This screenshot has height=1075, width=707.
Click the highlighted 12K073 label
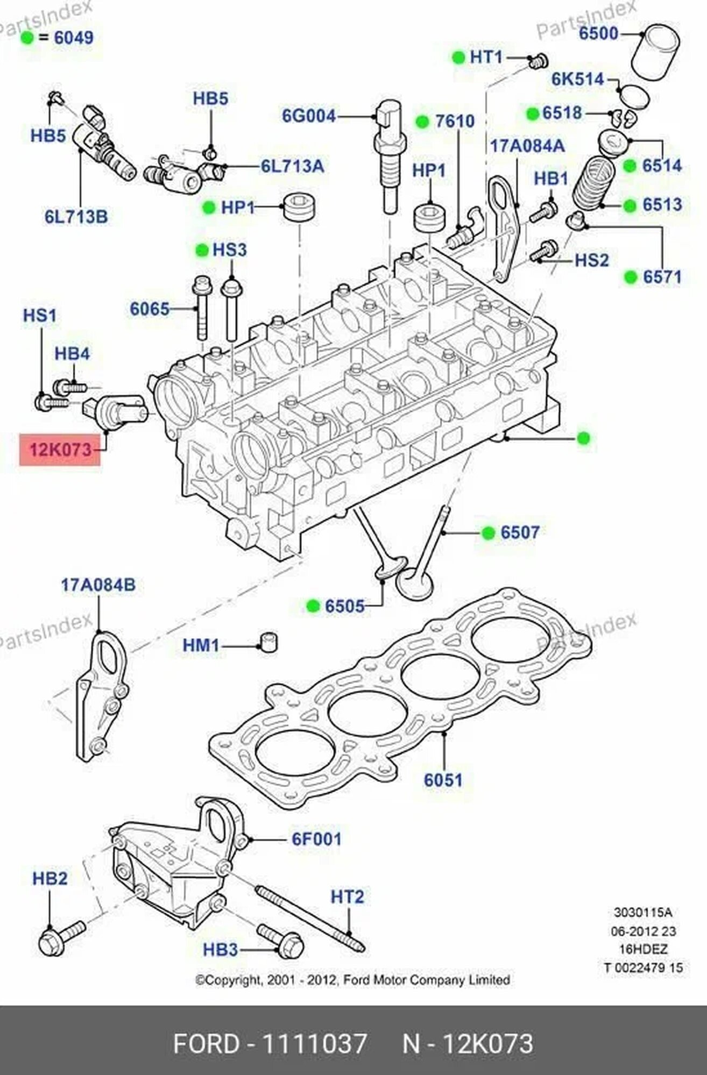[x=60, y=450]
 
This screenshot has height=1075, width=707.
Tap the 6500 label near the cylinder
[x=598, y=33]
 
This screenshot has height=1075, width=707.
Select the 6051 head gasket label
[x=443, y=780]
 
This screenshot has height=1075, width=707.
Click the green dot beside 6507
[x=488, y=532]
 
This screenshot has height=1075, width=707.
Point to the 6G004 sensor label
[x=309, y=116]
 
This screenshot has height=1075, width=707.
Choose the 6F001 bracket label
[x=316, y=838]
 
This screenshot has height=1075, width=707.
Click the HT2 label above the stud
[x=347, y=896]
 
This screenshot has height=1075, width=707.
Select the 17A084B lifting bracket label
[x=98, y=585]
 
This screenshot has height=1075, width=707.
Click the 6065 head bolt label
[x=150, y=309]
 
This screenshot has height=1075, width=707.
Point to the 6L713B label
[x=76, y=217]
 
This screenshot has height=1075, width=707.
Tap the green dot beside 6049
[x=27, y=38]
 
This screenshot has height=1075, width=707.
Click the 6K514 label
[x=578, y=80]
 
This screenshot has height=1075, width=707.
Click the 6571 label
[x=662, y=277]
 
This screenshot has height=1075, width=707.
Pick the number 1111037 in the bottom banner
[x=314, y=1044]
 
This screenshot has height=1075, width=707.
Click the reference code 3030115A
[x=643, y=913]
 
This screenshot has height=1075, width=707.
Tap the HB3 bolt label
[x=220, y=950]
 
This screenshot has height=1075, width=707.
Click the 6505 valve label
[x=344, y=607]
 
